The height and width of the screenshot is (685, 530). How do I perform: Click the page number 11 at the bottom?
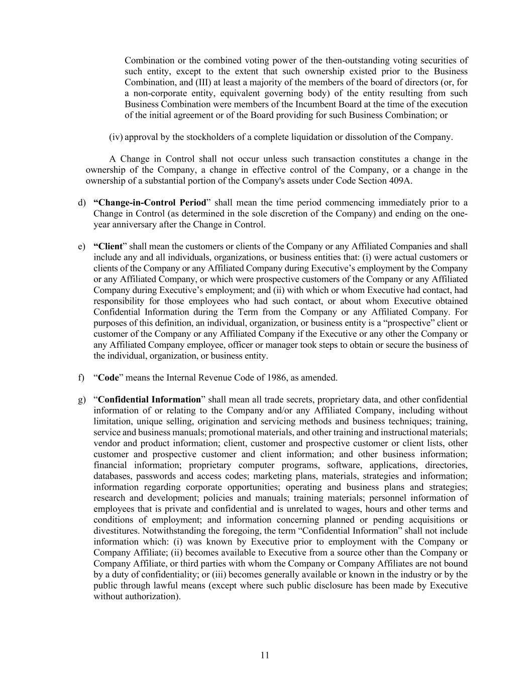(265, 655)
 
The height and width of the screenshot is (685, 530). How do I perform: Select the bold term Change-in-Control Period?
(150, 203)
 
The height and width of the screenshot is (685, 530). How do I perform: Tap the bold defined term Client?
(108, 246)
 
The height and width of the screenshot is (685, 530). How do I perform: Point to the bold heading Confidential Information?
(149, 399)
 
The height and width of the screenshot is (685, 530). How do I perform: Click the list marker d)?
(81, 203)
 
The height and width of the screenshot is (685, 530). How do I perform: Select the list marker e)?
(81, 246)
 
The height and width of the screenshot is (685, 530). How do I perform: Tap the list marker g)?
(81, 399)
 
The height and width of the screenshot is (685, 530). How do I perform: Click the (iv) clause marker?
(116, 137)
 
